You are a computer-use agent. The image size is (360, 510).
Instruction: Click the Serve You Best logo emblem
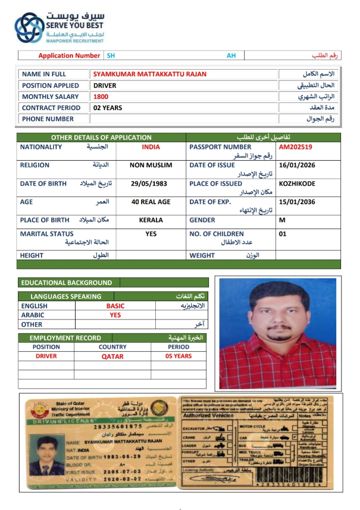pyautogui.click(x=29, y=27)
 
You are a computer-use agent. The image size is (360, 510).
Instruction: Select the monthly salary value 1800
pyautogui.click(x=101, y=96)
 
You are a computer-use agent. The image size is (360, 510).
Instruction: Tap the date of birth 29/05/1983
pyautogui.click(x=151, y=184)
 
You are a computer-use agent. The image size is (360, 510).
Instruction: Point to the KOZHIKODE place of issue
pyautogui.click(x=296, y=184)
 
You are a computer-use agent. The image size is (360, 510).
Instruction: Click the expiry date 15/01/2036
pyautogui.click(x=296, y=202)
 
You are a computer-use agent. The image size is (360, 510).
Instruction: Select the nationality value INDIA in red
pyautogui.click(x=151, y=147)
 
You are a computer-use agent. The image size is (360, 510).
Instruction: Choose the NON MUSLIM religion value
pyautogui.click(x=151, y=165)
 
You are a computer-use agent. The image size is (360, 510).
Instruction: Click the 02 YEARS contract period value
pyautogui.click(x=108, y=108)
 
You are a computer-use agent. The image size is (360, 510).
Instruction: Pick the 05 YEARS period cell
pyautogui.click(x=179, y=356)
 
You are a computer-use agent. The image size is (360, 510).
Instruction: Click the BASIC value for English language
pyautogui.click(x=115, y=306)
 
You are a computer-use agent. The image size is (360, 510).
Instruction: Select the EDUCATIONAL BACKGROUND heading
pyautogui.click(x=66, y=283)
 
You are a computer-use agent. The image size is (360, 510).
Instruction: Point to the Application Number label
pyautogui.click(x=69, y=56)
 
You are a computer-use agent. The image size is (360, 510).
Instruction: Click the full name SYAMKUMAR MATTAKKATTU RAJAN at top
pyautogui.click(x=149, y=74)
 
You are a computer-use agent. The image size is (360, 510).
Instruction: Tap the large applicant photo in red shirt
pyautogui.click(x=278, y=333)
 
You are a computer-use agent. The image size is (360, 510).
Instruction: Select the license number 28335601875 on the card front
pyautogui.click(x=118, y=426)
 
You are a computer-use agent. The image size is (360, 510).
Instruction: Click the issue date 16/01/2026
pyautogui.click(x=296, y=165)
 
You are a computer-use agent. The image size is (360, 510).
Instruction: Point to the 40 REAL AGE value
pyautogui.click(x=151, y=202)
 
